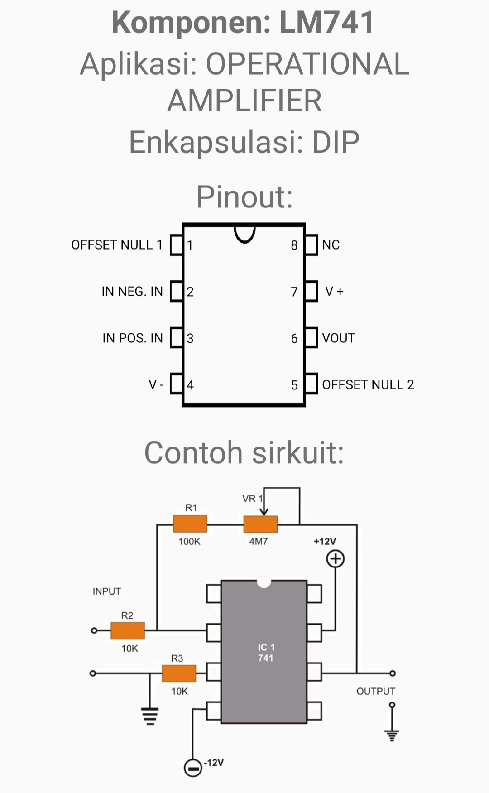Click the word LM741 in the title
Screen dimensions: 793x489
tap(327, 22)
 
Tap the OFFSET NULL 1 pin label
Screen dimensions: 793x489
tap(116, 245)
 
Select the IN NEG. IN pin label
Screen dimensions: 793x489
tap(132, 292)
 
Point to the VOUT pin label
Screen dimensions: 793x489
tap(339, 338)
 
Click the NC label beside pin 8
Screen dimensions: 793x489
tap(331, 245)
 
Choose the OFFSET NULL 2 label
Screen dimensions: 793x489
tap(368, 385)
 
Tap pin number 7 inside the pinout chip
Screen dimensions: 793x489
tap(294, 292)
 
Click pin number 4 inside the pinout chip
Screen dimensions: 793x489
tap(190, 385)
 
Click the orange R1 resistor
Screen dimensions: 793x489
tap(190, 524)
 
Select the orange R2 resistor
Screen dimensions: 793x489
tap(128, 630)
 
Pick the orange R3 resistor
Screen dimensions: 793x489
tap(179, 673)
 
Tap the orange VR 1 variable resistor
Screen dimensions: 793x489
tap(260, 524)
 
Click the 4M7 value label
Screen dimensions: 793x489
tap(259, 542)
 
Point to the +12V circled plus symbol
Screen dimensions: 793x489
tap(336, 559)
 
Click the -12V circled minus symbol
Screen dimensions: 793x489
tap(193, 768)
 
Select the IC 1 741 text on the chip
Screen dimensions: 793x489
tap(266, 653)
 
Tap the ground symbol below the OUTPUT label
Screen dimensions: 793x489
tap(392, 734)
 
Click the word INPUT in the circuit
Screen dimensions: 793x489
tap(107, 591)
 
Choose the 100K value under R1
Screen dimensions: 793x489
tap(189, 542)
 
